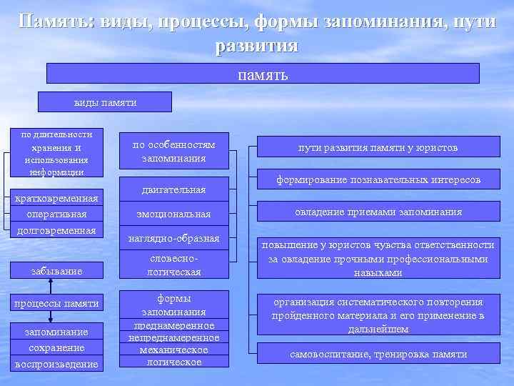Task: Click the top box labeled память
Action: point(263,74)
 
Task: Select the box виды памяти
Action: point(105,102)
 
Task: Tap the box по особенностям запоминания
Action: point(173,151)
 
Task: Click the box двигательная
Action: point(173,189)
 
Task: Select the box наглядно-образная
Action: point(173,237)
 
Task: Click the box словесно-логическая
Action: point(173,264)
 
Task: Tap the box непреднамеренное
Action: point(173,337)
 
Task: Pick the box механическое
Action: point(173,350)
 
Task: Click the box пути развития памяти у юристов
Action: point(378,148)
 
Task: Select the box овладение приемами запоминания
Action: point(378,212)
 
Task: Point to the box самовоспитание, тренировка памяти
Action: point(378,354)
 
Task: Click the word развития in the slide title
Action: point(256,44)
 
